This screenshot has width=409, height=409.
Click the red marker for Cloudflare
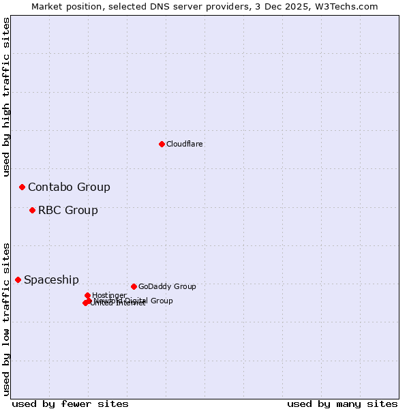[162, 144]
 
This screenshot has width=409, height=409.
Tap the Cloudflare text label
[185, 144]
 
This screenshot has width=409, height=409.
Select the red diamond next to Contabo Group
[22, 187]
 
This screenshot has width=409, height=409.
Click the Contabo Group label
[69, 187]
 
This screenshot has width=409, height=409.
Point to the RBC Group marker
[32, 210]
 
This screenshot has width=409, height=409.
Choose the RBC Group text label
[68, 211]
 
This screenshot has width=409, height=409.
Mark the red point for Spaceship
[18, 279]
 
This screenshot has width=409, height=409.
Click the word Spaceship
[51, 280]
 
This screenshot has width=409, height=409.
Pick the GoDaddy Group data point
[134, 286]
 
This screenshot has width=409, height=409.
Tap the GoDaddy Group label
[167, 286]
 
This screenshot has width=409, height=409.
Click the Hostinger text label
[109, 295]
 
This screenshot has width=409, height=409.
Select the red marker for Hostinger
[87, 295]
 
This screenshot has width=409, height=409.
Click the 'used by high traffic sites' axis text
[7, 97]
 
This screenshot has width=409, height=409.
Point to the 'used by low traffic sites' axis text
[7, 318]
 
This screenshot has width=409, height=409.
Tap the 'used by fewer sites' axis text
[70, 404]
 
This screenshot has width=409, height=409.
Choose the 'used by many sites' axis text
[342, 404]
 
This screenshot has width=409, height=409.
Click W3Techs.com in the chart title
[349, 6]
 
